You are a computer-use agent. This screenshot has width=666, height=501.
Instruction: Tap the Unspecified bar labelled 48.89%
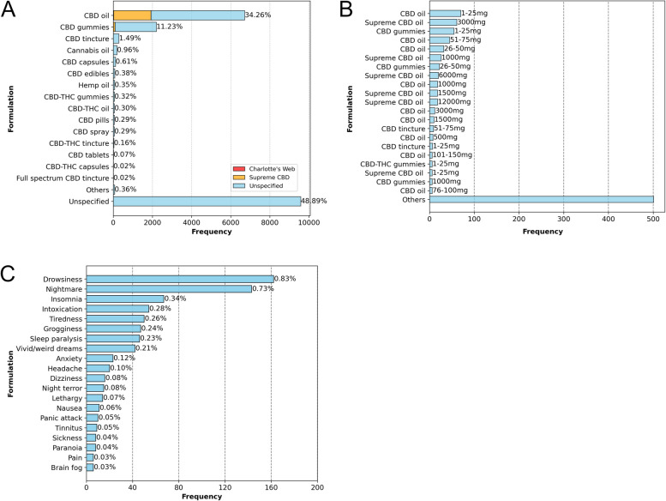coord(207,201)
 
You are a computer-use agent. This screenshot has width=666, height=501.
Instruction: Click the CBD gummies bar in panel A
coord(135,27)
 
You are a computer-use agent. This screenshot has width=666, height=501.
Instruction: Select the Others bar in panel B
coord(541,199)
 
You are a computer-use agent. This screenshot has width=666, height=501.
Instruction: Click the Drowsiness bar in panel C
coord(180,279)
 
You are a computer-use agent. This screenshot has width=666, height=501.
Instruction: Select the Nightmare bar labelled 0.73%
coord(169,289)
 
